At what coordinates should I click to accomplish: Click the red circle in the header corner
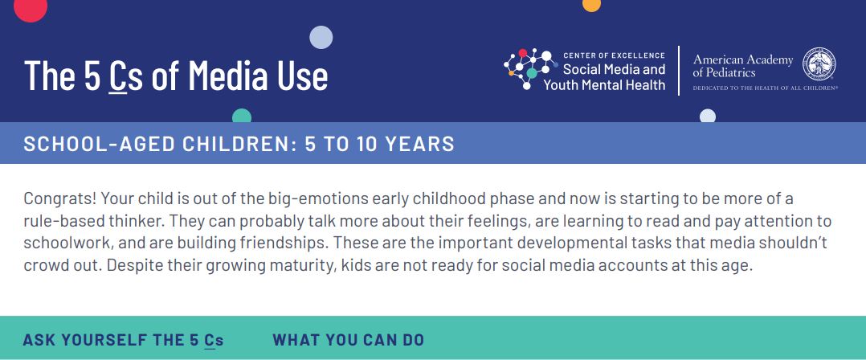click(x=31, y=8)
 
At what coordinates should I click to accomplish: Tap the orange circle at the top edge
click(x=591, y=4)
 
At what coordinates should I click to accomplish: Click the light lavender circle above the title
click(x=321, y=38)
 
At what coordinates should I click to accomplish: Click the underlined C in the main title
click(x=117, y=76)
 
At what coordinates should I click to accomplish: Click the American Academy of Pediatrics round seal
click(x=819, y=64)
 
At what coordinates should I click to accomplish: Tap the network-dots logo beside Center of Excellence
click(x=527, y=68)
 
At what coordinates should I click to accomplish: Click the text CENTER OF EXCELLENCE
click(x=614, y=55)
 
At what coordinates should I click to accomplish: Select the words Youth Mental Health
click(x=604, y=85)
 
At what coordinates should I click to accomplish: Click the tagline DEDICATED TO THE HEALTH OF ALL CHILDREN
click(x=766, y=88)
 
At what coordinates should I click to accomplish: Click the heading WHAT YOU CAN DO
click(x=349, y=340)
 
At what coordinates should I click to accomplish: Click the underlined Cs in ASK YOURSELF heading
click(x=214, y=341)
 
